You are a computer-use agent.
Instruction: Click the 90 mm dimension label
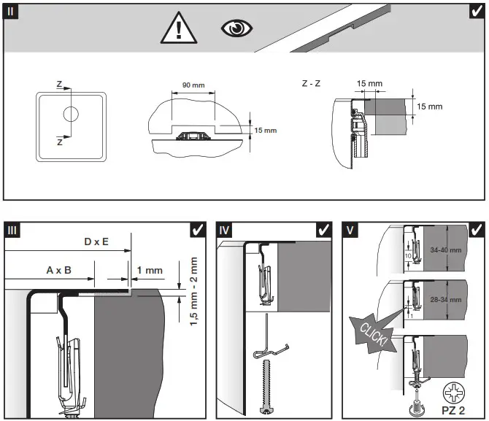[193, 85]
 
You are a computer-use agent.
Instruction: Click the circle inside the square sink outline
[72, 115]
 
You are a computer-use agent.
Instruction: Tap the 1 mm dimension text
[150, 269]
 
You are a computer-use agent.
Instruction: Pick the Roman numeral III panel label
[13, 230]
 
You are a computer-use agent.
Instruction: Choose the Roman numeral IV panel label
[226, 230]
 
